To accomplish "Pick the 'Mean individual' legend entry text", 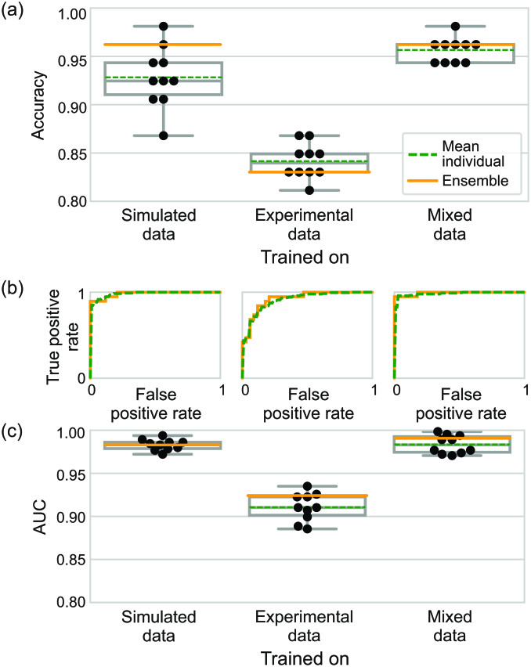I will pos(472,153).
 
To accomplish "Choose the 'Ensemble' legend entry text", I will pos(471,181).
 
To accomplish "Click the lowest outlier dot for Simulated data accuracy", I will pos(163,135).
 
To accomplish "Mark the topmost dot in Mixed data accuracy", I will pos(455,27).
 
